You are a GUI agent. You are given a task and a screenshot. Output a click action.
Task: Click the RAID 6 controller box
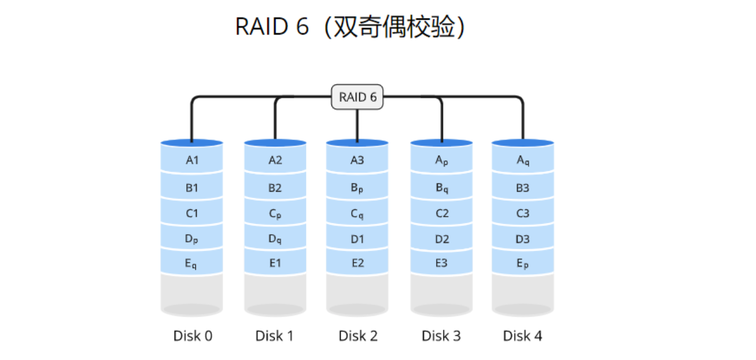(x=357, y=97)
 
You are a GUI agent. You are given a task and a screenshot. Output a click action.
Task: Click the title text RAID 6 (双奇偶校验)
(x=349, y=27)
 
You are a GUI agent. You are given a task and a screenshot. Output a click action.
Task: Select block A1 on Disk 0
(x=192, y=160)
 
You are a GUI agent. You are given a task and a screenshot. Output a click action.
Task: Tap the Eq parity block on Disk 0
(x=192, y=264)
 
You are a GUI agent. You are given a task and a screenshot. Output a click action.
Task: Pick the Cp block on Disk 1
(x=275, y=213)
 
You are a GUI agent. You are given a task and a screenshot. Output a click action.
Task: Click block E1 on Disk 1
(x=275, y=263)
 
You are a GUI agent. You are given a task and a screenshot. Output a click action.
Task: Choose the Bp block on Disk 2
(x=357, y=188)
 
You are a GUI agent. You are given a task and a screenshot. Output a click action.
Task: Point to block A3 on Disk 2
(x=357, y=160)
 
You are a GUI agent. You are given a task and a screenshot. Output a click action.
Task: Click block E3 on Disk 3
(x=442, y=263)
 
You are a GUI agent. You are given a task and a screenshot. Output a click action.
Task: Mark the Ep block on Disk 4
(x=523, y=264)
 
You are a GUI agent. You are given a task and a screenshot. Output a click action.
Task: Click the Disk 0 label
(x=193, y=336)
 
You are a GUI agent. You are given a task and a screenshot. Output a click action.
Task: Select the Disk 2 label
(x=358, y=336)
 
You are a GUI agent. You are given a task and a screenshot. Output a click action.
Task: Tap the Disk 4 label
(x=522, y=336)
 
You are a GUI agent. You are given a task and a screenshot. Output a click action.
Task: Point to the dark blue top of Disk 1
(x=275, y=142)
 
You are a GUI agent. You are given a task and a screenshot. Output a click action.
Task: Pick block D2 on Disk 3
(x=442, y=238)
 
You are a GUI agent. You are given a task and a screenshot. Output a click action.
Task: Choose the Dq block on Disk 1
(x=275, y=238)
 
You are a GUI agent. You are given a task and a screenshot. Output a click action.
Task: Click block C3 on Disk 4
(x=523, y=213)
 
